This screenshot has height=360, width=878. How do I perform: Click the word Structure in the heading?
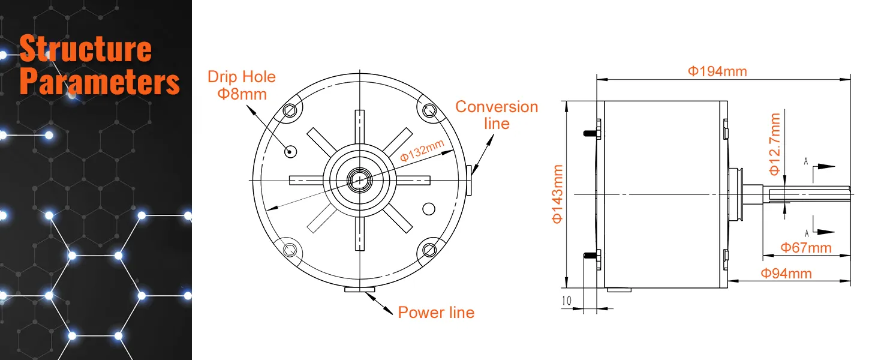pyautogui.click(x=85, y=49)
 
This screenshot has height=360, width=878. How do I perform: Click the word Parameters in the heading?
pyautogui.click(x=100, y=82)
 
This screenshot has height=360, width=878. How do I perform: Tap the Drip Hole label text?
pyautogui.click(x=242, y=77)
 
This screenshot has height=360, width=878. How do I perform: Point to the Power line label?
pyautogui.click(x=436, y=313)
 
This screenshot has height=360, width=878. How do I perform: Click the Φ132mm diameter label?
pyautogui.click(x=422, y=150)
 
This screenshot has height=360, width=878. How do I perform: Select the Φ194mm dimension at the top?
pyautogui.click(x=717, y=71)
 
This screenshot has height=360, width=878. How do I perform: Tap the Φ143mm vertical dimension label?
pyautogui.click(x=557, y=194)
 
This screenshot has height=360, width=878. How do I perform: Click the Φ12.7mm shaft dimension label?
pyautogui.click(x=775, y=145)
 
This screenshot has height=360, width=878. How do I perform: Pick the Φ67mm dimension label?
pyautogui.click(x=805, y=247)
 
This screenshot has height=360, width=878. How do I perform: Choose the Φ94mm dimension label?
pyautogui.click(x=786, y=274)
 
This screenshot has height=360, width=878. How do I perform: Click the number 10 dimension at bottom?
pyautogui.click(x=567, y=301)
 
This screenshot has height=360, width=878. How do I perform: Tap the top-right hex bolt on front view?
pyautogui.click(x=429, y=110)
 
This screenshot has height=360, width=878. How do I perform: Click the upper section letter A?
pyautogui.click(x=806, y=161)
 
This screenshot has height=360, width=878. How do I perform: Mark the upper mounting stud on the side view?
pyautogui.click(x=592, y=130)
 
